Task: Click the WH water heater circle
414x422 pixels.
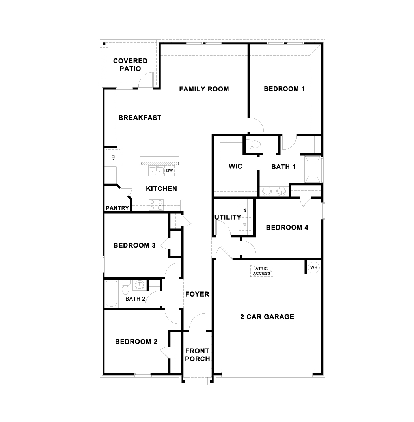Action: click(314, 267)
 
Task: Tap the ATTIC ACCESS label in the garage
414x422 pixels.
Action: click(261, 271)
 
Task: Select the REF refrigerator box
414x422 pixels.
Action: click(113, 157)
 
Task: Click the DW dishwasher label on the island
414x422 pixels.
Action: click(170, 171)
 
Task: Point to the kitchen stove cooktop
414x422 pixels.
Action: click(156, 205)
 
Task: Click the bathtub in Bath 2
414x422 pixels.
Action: click(111, 293)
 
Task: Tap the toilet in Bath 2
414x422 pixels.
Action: click(125, 287)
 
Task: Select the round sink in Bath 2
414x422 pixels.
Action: click(139, 285)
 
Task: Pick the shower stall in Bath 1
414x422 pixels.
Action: click(313, 170)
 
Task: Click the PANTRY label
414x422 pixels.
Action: click(117, 208)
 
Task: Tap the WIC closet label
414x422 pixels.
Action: click(236, 166)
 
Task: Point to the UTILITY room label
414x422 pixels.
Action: click(228, 217)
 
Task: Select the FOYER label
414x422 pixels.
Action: click(197, 294)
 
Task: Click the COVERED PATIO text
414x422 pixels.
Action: click(130, 65)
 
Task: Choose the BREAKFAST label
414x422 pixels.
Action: click(140, 118)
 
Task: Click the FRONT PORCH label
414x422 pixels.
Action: click(198, 355)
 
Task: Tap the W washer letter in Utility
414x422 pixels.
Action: click(245, 210)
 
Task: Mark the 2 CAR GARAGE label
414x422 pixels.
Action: click(267, 317)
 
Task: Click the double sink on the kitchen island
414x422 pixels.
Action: click(156, 171)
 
